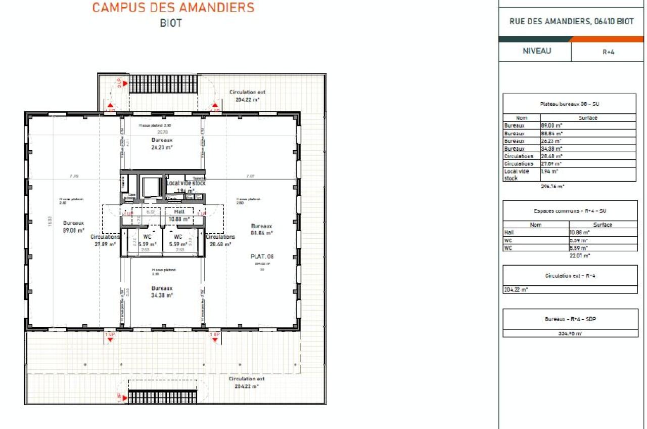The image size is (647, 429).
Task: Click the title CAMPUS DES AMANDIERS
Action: click(x=173, y=8)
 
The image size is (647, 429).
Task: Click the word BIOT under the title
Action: click(x=170, y=23)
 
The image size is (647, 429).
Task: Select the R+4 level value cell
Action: click(x=608, y=52)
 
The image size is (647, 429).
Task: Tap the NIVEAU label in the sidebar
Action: click(x=537, y=51)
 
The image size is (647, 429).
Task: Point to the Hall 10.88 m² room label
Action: click(x=179, y=216)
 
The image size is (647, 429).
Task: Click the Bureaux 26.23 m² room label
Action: click(x=162, y=144)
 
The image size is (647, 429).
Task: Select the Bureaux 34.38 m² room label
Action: click(x=162, y=291)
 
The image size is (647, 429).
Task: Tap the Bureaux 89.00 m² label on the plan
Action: click(x=73, y=226)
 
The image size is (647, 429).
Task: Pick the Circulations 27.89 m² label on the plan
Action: click(x=105, y=240)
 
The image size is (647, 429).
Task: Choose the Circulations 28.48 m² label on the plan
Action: click(x=220, y=240)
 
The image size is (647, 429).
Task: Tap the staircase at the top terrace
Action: click(x=163, y=83)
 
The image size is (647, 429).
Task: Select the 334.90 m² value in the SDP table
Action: click(x=571, y=333)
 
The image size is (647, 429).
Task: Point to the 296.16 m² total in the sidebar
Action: click(x=552, y=186)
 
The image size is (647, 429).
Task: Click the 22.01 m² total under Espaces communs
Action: click(x=580, y=255)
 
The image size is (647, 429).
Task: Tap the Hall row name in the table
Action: click(x=509, y=232)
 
